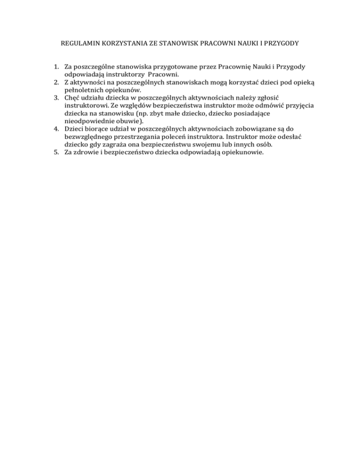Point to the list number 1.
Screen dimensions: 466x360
coord(54,68)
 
